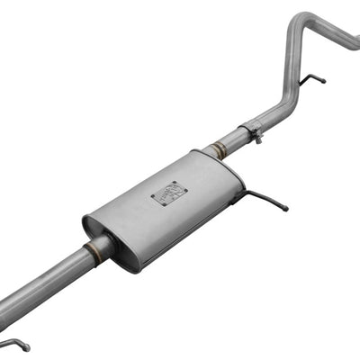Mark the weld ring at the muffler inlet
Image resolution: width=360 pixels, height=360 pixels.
(93, 251)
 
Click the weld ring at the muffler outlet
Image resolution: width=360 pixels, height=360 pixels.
(216, 151)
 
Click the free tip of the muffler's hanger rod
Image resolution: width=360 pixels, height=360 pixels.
(286, 209)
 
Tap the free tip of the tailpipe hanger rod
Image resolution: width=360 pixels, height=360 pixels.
(324, 84)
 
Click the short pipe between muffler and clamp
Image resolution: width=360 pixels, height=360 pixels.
(231, 142)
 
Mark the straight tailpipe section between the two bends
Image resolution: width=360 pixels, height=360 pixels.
(294, 63)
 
